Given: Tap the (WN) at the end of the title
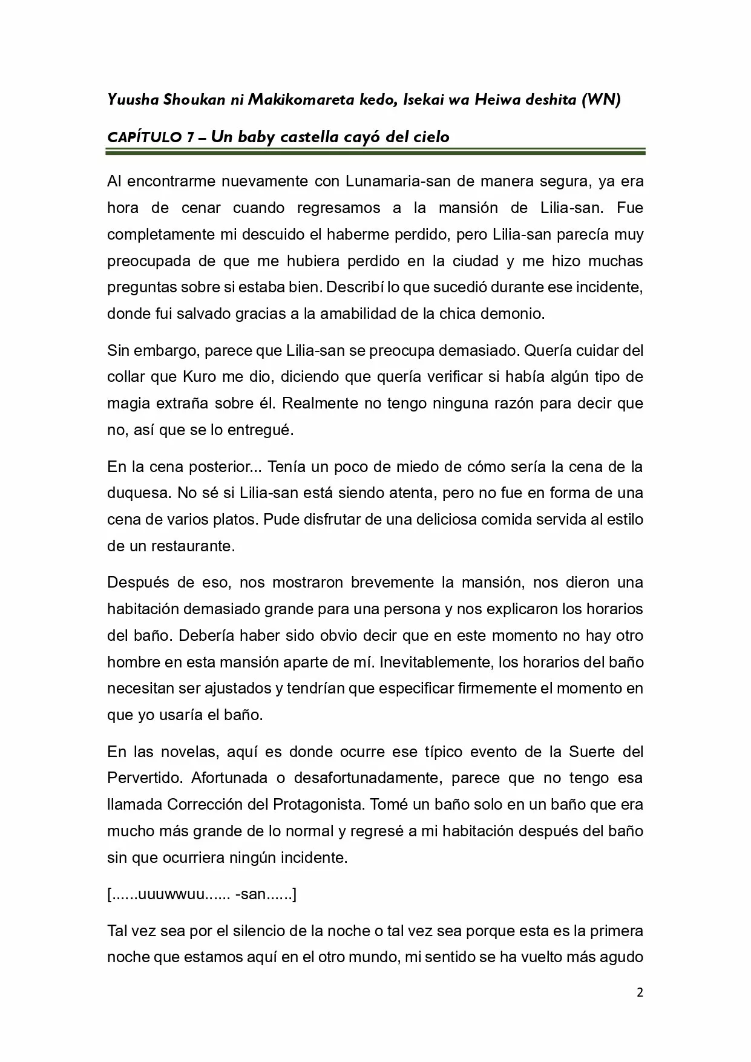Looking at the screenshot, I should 600,100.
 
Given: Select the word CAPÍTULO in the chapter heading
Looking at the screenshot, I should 143,137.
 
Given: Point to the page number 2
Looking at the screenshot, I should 640,992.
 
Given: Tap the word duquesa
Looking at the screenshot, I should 138,493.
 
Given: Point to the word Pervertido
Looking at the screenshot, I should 145,778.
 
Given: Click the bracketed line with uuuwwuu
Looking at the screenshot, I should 202,894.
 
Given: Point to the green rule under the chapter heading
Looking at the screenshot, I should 375,152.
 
